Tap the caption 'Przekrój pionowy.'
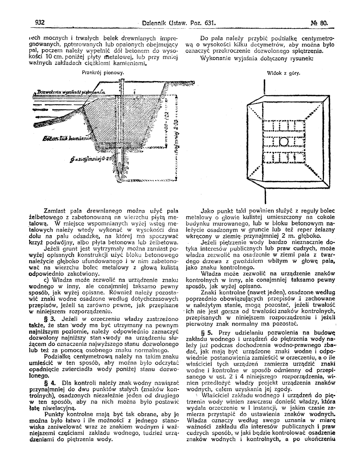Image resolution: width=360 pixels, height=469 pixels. tap(103, 73)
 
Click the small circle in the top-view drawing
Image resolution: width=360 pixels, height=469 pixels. tap(283, 142)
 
